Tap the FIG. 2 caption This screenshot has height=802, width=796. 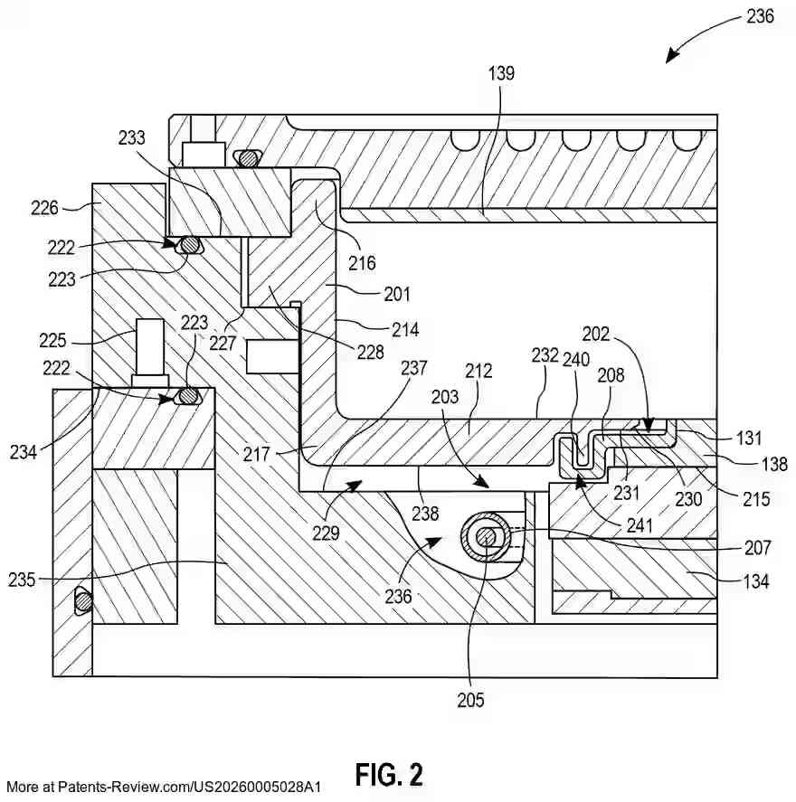pos(389,774)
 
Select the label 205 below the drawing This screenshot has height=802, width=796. pos(470,699)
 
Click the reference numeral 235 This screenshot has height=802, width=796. pos(21,580)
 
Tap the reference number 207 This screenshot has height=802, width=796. pos(757,548)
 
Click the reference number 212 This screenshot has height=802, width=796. pos(479,370)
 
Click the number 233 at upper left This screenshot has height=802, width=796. pos(132,137)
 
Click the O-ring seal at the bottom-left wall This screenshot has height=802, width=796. pos(82,599)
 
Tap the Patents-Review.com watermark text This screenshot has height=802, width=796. pos(163,787)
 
